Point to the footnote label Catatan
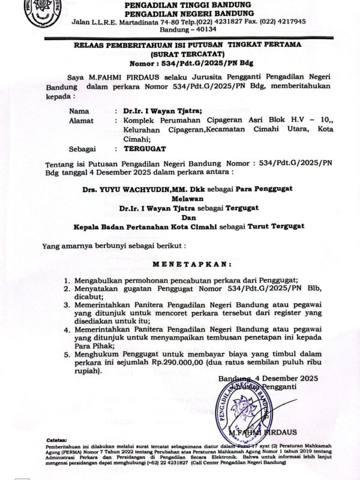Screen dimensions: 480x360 [57, 440]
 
